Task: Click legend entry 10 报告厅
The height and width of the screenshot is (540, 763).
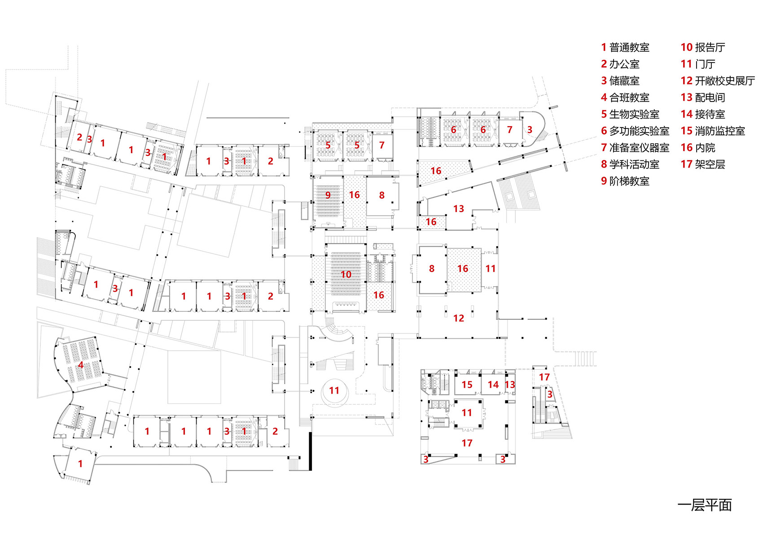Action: (702, 47)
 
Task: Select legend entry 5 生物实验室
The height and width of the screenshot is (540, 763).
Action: (630, 114)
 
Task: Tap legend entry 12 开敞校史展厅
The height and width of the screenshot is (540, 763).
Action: (717, 81)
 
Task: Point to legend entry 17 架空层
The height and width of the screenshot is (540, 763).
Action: (702, 164)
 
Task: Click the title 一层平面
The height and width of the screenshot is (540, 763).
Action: (704, 505)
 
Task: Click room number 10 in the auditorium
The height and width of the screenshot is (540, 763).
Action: (346, 274)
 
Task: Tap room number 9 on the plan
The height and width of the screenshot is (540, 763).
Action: (328, 195)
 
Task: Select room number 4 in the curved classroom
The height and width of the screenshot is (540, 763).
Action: (81, 365)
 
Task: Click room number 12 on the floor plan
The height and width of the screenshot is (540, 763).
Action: (458, 318)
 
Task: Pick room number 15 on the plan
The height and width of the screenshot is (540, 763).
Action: (467, 385)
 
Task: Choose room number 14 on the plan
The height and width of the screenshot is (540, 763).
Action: (493, 385)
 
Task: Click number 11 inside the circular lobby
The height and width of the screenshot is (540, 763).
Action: (334, 390)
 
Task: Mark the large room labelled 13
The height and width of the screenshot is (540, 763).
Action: (458, 208)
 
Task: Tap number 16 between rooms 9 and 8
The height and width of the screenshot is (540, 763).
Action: (354, 195)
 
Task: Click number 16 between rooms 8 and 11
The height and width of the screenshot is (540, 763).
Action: (463, 269)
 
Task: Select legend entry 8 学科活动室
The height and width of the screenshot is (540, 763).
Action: (630, 164)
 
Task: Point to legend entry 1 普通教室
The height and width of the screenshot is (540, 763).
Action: (625, 47)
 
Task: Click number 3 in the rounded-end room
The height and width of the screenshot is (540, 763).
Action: (530, 130)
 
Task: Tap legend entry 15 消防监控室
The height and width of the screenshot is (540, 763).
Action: (712, 131)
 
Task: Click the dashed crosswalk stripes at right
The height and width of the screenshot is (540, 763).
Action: (585, 359)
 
